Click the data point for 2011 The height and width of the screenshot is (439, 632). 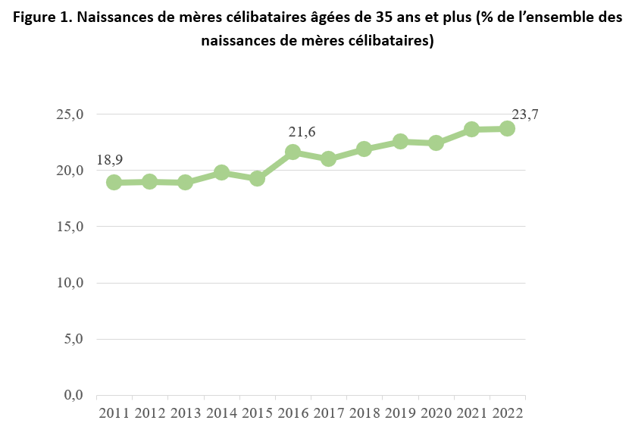click(114, 182)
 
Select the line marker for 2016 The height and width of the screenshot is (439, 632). click(293, 152)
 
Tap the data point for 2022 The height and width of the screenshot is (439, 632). click(507, 128)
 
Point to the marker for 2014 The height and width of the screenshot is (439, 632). click(221, 172)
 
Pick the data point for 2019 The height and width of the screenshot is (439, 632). click(400, 141)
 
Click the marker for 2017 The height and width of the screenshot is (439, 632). click(328, 158)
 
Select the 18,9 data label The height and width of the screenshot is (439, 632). click(110, 160)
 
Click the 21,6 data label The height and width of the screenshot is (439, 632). click(302, 132)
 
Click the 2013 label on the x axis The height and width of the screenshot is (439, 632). click(186, 414)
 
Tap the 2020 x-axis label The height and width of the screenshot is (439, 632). click(436, 414)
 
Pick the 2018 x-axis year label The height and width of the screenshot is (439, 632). click(364, 414)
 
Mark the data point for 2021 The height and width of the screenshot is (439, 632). click(471, 129)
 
